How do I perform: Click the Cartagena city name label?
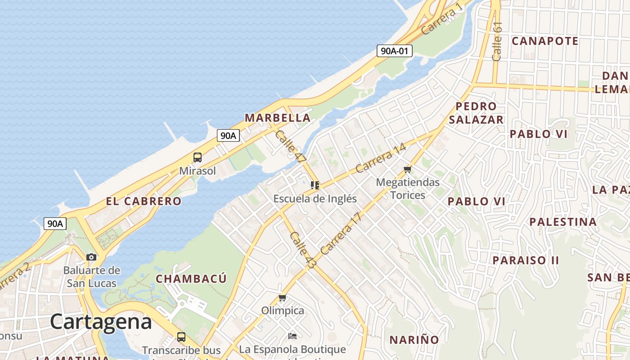point(101,322)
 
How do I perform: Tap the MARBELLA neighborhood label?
point(277,118)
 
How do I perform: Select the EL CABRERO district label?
point(144,201)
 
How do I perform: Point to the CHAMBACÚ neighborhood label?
point(191,279)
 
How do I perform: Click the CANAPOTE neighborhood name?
point(545,41)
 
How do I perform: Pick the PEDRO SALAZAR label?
point(476,113)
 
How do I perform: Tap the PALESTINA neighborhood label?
point(562,222)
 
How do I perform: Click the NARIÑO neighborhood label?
point(414,340)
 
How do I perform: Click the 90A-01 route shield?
point(395,51)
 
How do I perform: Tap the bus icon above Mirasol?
point(198,157)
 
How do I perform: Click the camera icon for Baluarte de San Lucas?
point(91,257)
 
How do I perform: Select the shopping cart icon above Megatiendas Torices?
point(408,169)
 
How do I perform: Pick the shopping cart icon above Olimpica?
point(283,297)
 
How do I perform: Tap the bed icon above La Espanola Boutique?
point(292,336)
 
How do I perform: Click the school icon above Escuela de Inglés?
point(315,185)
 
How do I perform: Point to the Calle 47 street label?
point(291,147)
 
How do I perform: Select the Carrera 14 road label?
point(380,158)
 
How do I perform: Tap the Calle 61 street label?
point(497,41)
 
